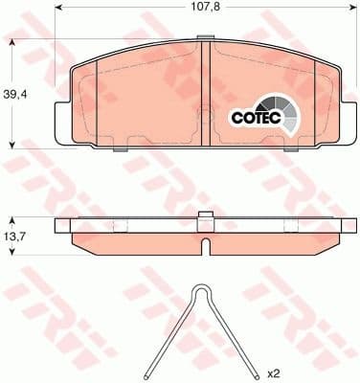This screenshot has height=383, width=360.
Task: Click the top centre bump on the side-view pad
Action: pyautogui.click(x=202, y=214)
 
